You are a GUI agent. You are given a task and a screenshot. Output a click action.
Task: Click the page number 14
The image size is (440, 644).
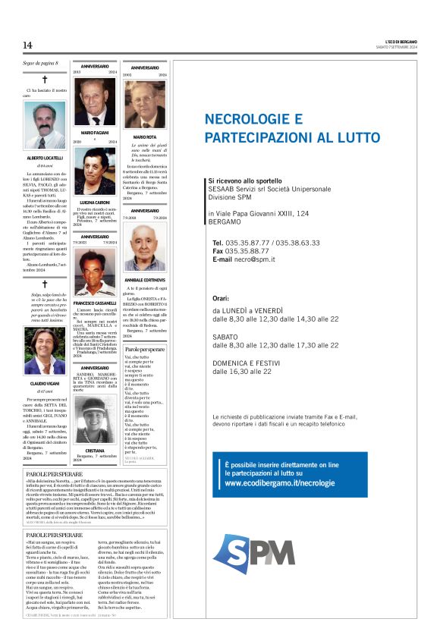(x=27, y=46)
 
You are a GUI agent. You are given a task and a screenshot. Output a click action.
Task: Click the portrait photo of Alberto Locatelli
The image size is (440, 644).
(x=45, y=125)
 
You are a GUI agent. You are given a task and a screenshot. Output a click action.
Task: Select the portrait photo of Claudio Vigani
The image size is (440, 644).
(x=45, y=351)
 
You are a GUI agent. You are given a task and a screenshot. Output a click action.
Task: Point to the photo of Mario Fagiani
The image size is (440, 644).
(x=95, y=102)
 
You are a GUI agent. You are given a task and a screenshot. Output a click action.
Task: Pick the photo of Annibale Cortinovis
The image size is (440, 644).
(x=145, y=247)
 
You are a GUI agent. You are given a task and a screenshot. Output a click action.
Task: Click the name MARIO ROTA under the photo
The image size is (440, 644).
(x=145, y=137)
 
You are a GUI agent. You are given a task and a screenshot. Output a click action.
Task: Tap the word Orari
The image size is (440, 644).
(x=221, y=299)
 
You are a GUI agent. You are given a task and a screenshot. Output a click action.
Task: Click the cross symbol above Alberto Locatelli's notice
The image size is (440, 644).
(x=45, y=79)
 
